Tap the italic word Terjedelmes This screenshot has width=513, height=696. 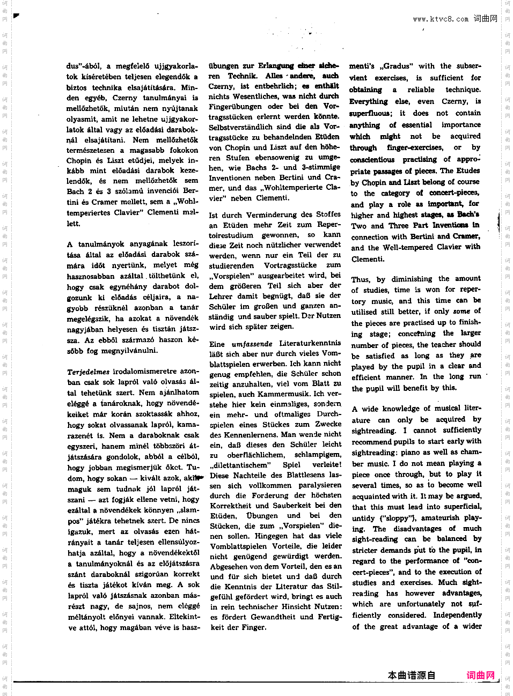click(x=88, y=372)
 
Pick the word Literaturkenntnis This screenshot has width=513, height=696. click(x=310, y=343)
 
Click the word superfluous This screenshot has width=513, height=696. click(x=370, y=113)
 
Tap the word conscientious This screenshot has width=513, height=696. click(x=372, y=159)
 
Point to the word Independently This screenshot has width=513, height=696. click(x=457, y=615)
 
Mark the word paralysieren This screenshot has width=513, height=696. click(x=320, y=485)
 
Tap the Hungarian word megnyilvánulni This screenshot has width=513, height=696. click(x=132, y=351)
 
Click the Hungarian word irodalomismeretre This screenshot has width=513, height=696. click(x=144, y=371)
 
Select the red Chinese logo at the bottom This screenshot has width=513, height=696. click(x=481, y=676)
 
